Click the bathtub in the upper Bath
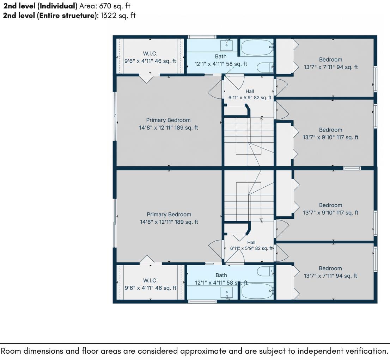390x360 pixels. coord(257,48)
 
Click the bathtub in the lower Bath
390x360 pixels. coord(257,291)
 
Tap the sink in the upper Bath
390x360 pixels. coord(227,45)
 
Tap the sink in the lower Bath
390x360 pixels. coord(227,293)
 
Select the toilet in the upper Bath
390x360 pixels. coord(265,68)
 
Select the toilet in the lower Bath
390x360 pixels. coord(265,271)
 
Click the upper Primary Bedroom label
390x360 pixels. coord(169,120)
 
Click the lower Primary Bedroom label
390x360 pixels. coord(169,215)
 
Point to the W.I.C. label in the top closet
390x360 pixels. coord(150,54)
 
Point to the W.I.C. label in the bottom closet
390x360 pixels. coord(150,280)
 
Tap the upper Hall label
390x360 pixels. coord(250,91)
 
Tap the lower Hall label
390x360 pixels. coord(251,242)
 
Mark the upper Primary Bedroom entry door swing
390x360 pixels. coord(215,89)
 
